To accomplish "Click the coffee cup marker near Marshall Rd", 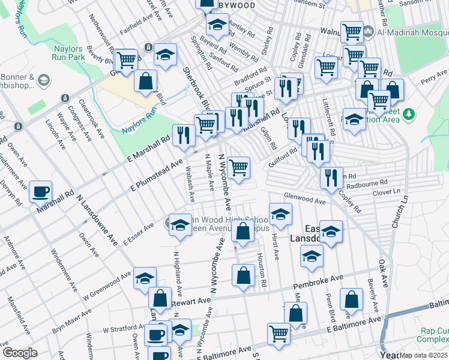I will (41, 191).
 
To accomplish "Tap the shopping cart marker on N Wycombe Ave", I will (239, 167).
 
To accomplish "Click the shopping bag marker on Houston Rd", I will (243, 275).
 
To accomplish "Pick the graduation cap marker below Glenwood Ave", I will (280, 214).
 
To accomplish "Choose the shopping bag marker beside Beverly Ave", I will (351, 299).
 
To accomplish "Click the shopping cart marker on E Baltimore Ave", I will (279, 333).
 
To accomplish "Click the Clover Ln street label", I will (387, 192).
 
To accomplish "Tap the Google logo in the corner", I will (20, 352).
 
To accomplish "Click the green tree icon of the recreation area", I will (409, 114).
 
